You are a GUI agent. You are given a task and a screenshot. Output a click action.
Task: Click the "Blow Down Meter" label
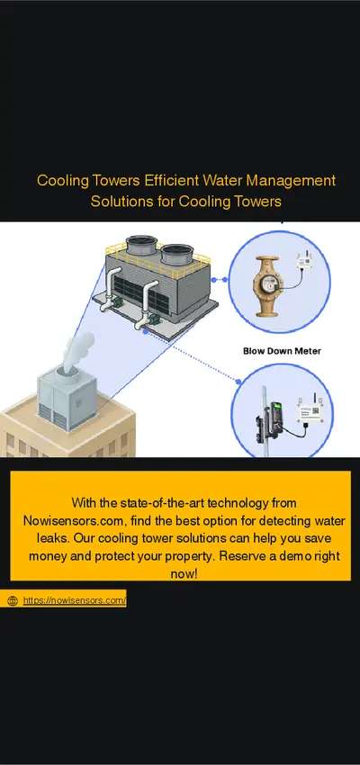282,351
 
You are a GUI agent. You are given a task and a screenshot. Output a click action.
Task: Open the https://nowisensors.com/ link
74,600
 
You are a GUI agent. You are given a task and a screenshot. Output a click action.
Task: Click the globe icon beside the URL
13,601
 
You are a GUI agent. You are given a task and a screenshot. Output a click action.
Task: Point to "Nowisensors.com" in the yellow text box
75,520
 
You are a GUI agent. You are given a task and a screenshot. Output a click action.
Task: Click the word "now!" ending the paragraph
184,574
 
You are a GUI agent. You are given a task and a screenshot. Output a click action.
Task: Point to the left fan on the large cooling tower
141,245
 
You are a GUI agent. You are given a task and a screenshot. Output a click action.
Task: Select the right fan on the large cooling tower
177,253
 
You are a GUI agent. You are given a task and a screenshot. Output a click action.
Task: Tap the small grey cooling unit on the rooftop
67,399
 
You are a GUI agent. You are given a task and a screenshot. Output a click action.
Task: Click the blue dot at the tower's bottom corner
146,331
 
